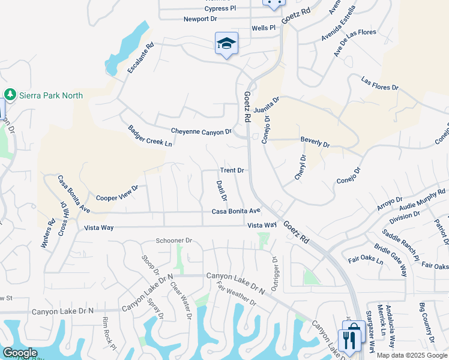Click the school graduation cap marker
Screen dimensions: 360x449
[226, 43]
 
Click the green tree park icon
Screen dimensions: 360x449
[10, 95]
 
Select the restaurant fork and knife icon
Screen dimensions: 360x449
[348, 340]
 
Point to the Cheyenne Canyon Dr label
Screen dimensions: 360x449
[201, 131]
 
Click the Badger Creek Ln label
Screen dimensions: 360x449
[150, 136]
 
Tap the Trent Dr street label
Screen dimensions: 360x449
[232, 170]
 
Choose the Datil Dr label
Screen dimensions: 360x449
[221, 190]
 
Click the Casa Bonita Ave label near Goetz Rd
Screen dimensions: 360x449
[236, 211]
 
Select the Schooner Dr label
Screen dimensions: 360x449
[173, 240]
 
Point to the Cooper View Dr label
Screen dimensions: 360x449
[117, 193]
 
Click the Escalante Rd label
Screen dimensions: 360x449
[141, 58]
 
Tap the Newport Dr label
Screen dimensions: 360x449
[200, 19]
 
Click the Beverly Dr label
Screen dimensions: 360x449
[315, 145]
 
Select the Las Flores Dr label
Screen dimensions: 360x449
[379, 83]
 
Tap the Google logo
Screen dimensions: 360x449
[20, 353]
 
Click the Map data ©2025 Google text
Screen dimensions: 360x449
[412, 355]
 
